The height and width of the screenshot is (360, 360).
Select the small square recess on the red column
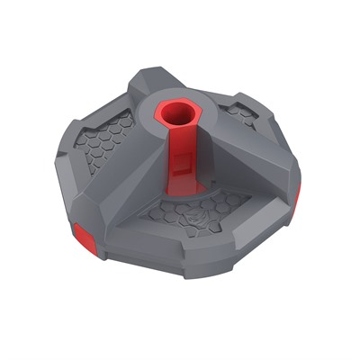coord(182,165)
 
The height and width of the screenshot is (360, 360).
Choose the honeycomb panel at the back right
coord(241,115)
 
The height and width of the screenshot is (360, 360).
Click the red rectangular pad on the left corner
coord(84,236)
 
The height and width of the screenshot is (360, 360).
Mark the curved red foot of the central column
coord(180,191)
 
